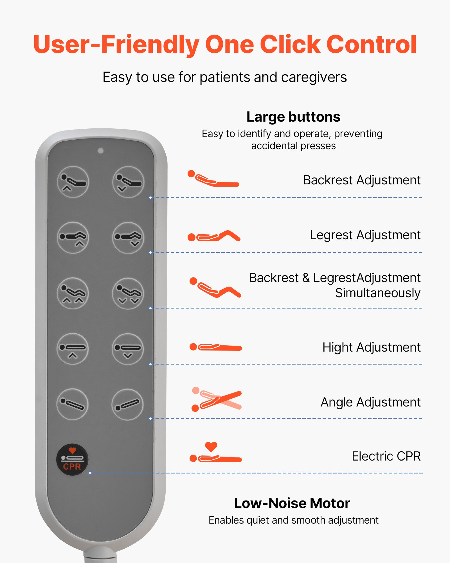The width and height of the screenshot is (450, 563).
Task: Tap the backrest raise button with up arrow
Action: [73, 182]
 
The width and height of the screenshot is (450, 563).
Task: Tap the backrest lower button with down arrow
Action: [128, 182]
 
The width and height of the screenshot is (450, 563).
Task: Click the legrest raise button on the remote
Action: [73, 238]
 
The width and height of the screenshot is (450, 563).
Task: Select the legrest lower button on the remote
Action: [128, 238]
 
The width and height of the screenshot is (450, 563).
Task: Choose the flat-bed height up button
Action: [73, 349]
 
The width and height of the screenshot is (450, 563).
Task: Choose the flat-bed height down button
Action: [128, 349]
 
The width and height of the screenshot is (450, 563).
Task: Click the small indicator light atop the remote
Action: [101, 151]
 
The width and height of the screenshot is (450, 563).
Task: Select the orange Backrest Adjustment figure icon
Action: [213, 179]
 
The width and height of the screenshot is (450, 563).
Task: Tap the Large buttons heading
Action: [293, 117]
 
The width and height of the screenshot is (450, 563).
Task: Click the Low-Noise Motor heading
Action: [292, 503]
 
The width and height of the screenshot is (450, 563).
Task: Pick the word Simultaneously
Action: [377, 293]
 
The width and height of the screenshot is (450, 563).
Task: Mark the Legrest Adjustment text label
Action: [365, 235]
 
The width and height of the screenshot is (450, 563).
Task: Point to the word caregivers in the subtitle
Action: [314, 77]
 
